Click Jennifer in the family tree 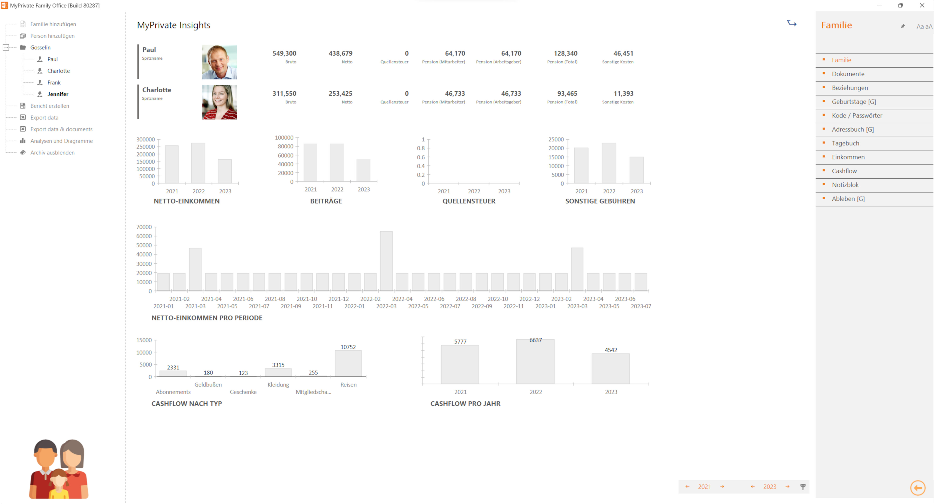pyautogui.click(x=58, y=94)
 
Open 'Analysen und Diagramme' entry pyautogui.click(x=61, y=141)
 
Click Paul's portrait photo pyautogui.click(x=219, y=62)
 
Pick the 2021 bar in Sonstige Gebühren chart pyautogui.click(x=581, y=165)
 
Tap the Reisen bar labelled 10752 pyautogui.click(x=348, y=363)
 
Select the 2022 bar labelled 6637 pyautogui.click(x=535, y=362)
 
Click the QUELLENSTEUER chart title pyautogui.click(x=469, y=201)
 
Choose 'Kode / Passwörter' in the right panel pyautogui.click(x=857, y=116)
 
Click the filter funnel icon pyautogui.click(x=803, y=487)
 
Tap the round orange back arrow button pyautogui.click(x=918, y=488)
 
